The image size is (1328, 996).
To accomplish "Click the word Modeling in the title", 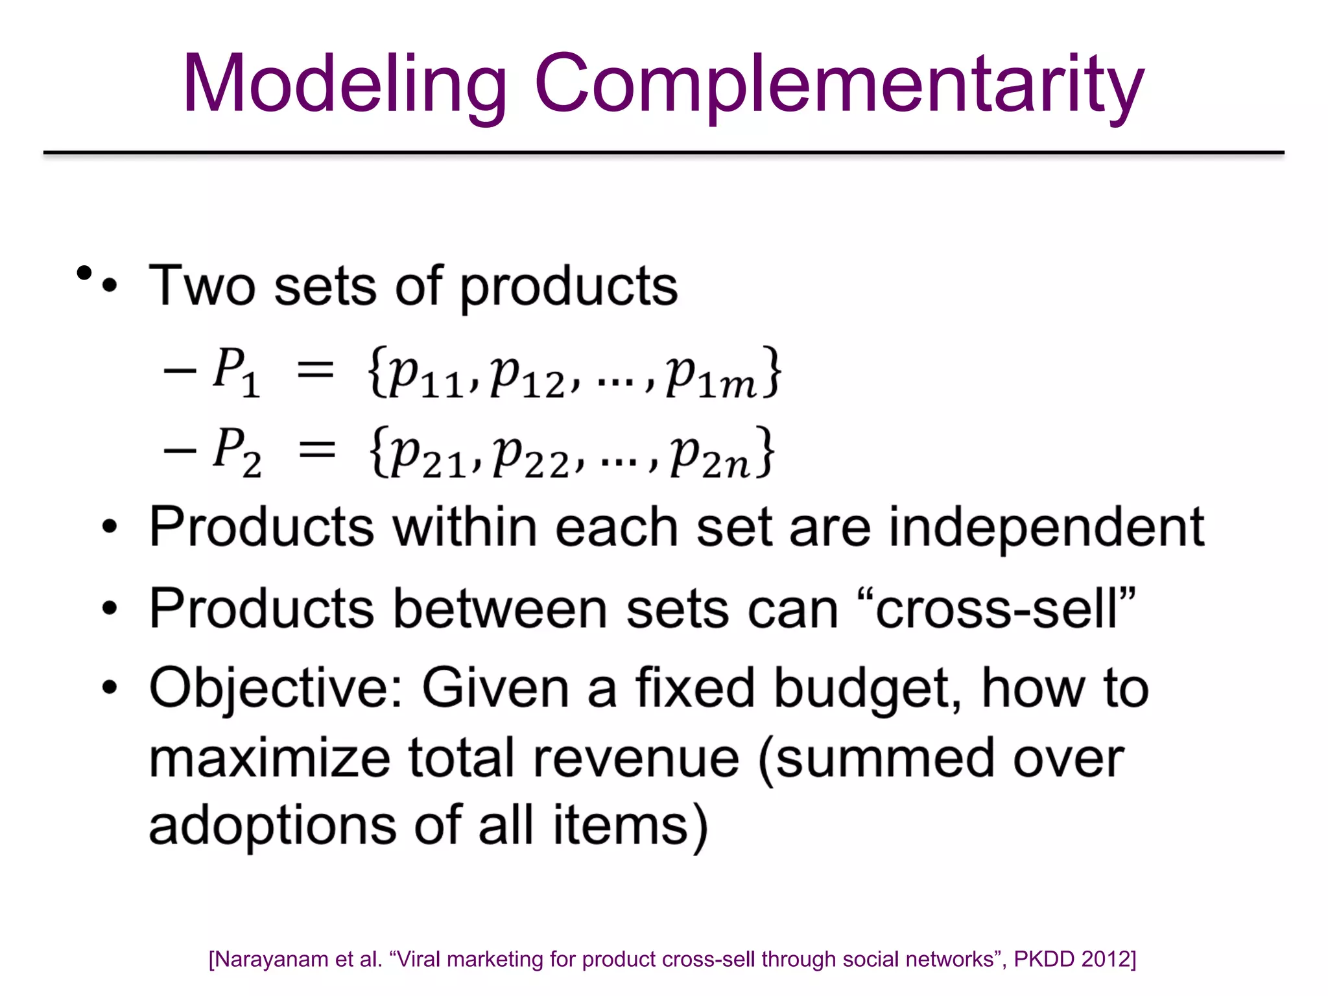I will [x=344, y=84].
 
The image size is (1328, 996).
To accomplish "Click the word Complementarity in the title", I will [x=839, y=84].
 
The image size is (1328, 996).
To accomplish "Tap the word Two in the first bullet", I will [x=202, y=286].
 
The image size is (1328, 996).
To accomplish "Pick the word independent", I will [x=1046, y=527].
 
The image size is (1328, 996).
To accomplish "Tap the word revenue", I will [x=636, y=759].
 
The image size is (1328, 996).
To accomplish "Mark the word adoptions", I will [x=272, y=827].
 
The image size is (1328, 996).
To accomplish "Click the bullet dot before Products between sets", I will [x=110, y=609].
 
